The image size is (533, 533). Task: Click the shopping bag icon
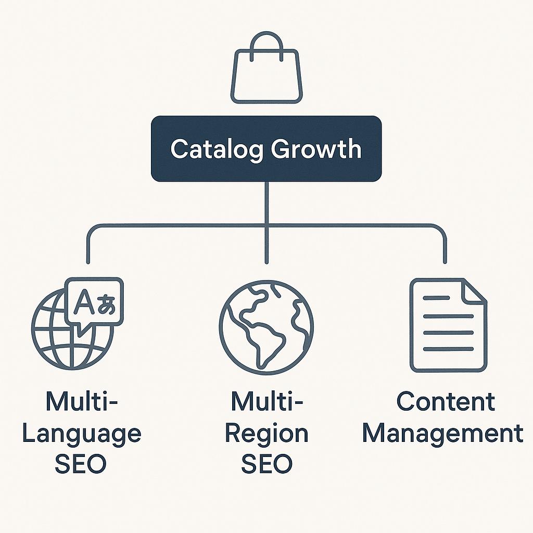click(266, 78)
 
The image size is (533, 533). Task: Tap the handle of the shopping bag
click(266, 42)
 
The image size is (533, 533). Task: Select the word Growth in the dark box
click(316, 149)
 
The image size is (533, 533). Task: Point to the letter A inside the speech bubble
click(83, 301)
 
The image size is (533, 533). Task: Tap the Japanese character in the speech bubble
click(106, 303)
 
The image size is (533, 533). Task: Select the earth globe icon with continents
click(266, 327)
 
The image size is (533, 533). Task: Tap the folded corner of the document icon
click(475, 291)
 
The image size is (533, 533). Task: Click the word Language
click(81, 434)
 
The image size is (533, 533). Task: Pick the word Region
click(266, 434)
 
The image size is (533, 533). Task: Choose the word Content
click(446, 402)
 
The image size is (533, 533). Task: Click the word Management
click(442, 434)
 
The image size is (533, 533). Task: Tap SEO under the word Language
click(81, 464)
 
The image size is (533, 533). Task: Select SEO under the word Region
click(266, 464)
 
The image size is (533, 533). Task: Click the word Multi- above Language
click(82, 402)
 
